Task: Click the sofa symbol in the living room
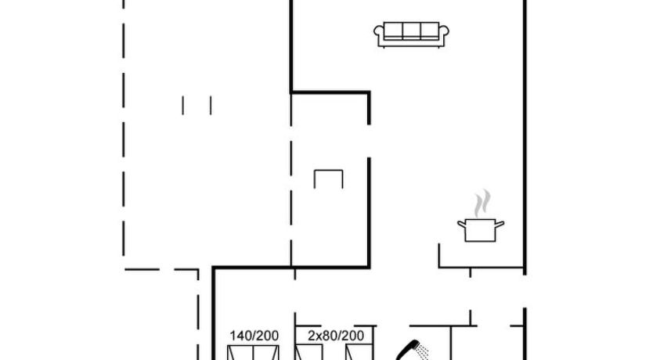411,34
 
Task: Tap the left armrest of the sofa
378,31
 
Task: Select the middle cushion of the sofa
411,31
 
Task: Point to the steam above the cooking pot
482,203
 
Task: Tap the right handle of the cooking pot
500,225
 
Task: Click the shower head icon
407,350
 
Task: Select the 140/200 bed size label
254,336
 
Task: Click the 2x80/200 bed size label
336,336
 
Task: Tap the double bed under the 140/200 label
253,352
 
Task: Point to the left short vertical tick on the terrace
182,106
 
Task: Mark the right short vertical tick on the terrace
211,106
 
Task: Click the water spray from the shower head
423,352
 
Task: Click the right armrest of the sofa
444,31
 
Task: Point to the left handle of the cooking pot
462,225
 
